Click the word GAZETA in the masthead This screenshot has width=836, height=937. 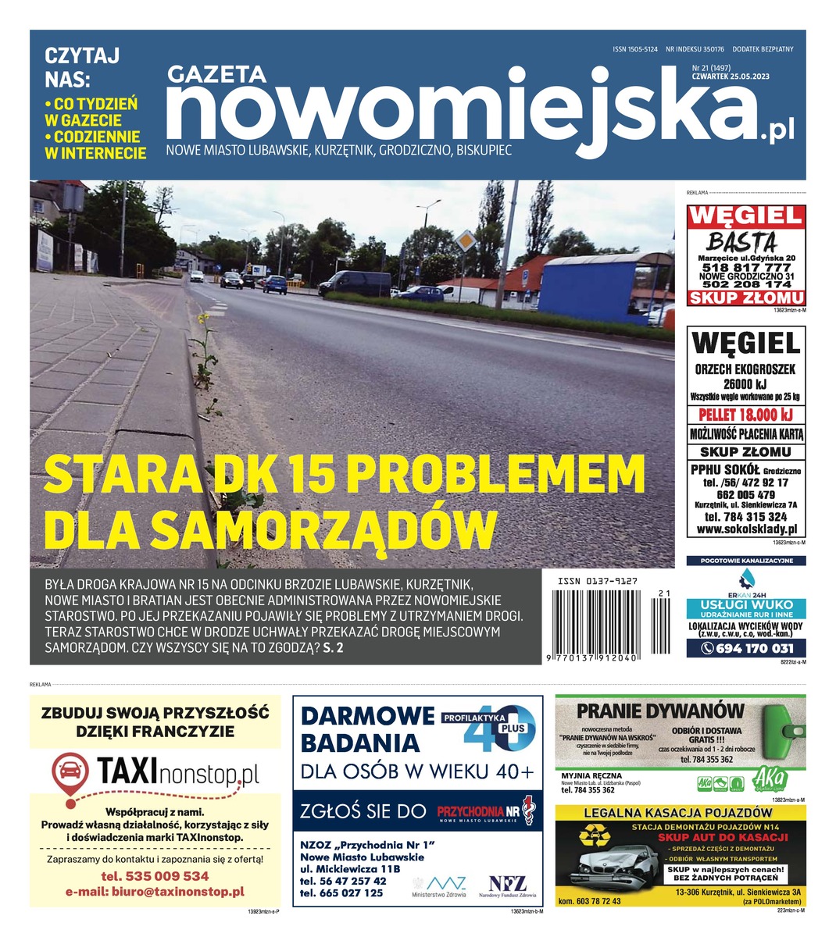click(x=216, y=74)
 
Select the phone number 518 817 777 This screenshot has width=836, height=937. click(x=746, y=267)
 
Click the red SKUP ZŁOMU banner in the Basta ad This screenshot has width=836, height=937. click(x=746, y=297)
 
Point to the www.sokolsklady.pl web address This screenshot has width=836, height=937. click(x=746, y=529)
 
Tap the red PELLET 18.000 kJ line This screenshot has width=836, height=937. click(x=746, y=415)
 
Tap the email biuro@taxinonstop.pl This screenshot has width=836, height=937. click(x=155, y=891)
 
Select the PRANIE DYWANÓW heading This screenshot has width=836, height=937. click(x=660, y=711)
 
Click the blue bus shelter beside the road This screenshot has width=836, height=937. click(x=602, y=282)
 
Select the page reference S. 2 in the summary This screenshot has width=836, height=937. click(x=334, y=647)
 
